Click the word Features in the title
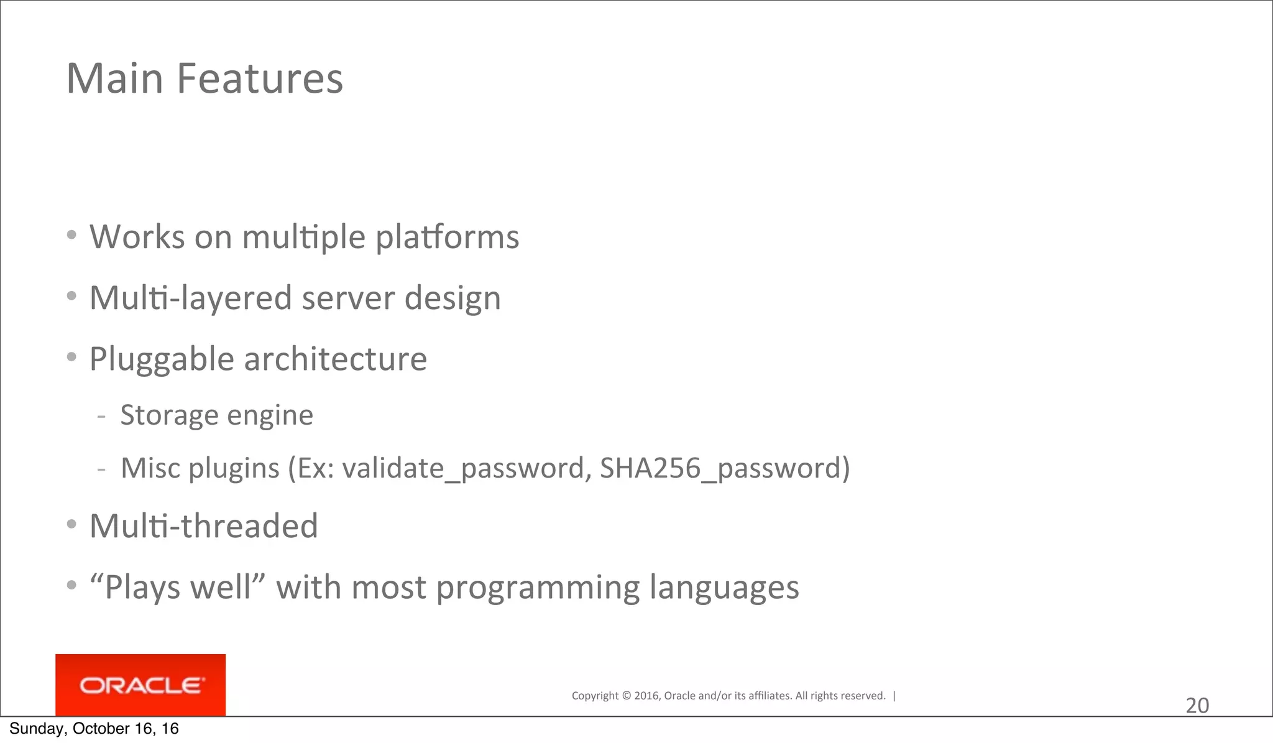pos(259,79)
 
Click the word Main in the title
pos(115,79)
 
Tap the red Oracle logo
pos(140,685)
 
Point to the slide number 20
pos(1197,706)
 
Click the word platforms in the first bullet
pos(447,238)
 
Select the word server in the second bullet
pos(348,298)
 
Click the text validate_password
pos(464,468)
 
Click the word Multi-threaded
pos(204,526)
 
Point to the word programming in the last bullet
pos(538,588)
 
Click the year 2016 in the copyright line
pos(646,696)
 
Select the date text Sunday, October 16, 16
pos(94,729)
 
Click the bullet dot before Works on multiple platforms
pos(72,235)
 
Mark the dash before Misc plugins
pos(101,469)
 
